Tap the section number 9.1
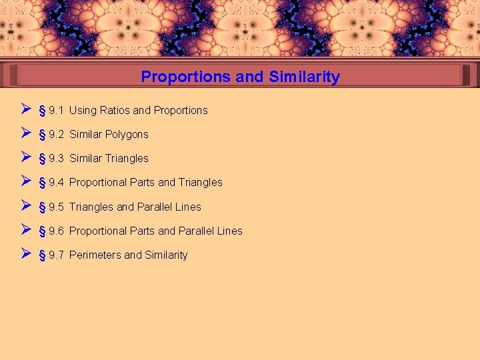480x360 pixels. [x=56, y=111]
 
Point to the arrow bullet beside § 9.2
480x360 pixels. [x=25, y=133]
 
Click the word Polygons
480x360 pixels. [x=127, y=135]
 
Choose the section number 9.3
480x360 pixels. [x=56, y=159]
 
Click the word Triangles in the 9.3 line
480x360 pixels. [x=127, y=159]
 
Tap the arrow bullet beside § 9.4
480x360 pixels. [x=25, y=181]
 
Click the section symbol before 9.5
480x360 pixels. [x=42, y=207]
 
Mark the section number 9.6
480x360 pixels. [x=56, y=231]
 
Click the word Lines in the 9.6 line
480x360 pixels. [x=229, y=231]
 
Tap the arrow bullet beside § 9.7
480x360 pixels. [x=25, y=253]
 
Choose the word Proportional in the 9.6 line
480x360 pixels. [x=98, y=231]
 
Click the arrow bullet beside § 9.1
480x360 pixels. [x=25, y=109]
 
